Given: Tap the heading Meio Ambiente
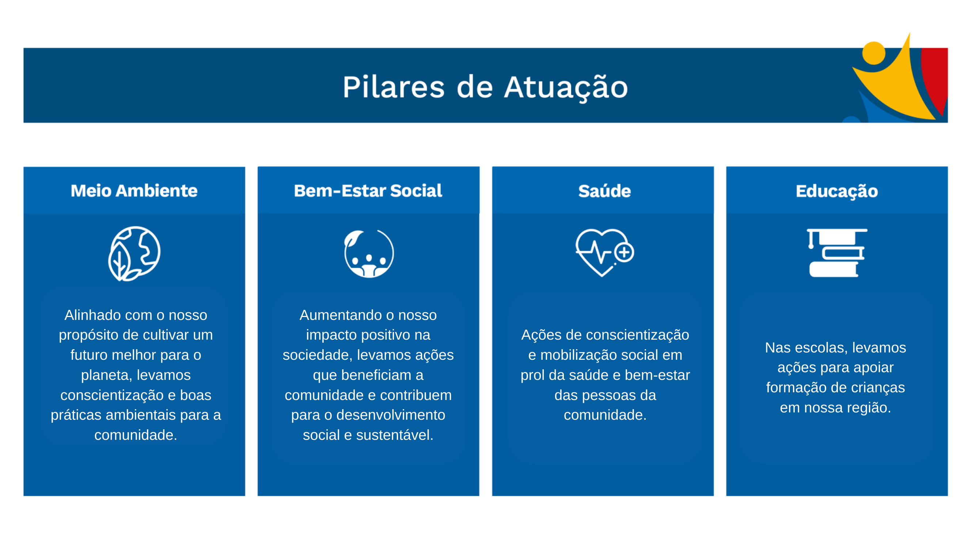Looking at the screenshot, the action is coord(134,190).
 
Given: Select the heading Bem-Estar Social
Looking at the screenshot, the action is coord(368,190).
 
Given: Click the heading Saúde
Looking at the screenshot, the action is coord(604,190).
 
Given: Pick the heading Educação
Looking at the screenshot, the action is coord(836,191).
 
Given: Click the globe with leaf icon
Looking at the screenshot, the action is coord(134,253).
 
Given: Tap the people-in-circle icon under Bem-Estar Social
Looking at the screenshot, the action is coord(369,254).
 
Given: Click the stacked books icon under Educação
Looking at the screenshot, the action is coord(837,253).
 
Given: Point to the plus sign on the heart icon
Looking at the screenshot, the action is coord(624,252).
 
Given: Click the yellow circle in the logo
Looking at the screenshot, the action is coord(874,53).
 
